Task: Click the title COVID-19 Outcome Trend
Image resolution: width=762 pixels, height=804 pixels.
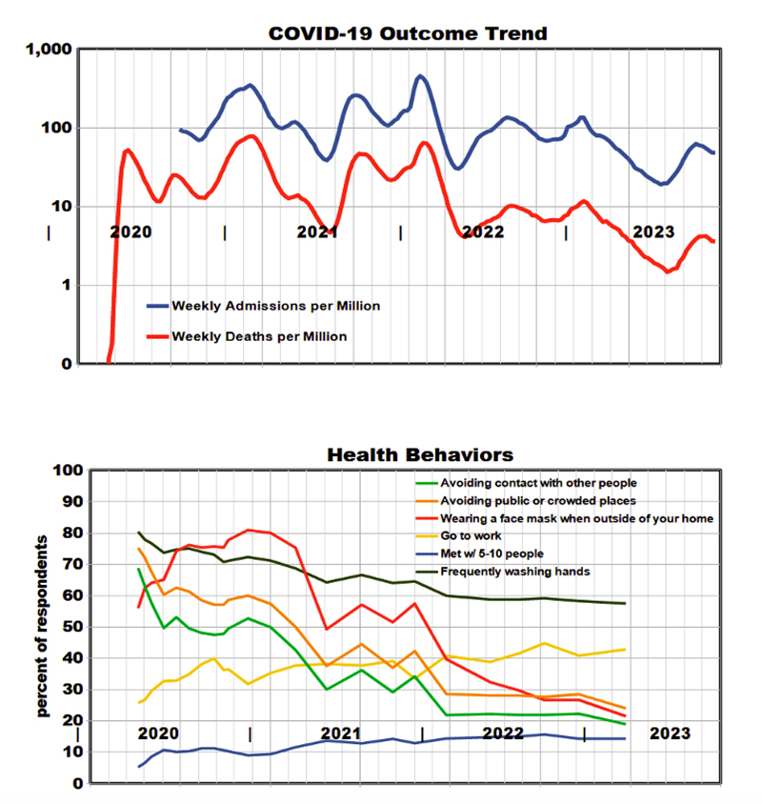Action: [x=408, y=33]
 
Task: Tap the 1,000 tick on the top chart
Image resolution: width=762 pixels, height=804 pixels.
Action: [x=49, y=50]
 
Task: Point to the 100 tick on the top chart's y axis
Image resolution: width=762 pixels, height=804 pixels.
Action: [x=56, y=128]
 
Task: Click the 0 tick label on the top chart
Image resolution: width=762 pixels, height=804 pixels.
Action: [x=66, y=364]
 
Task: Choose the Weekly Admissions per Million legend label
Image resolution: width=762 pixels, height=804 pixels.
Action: [x=275, y=306]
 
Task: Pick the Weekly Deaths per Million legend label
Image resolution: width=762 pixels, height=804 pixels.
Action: [x=258, y=336]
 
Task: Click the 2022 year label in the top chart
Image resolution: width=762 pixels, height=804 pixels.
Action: [x=482, y=231]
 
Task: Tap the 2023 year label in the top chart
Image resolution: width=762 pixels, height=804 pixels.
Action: [x=653, y=231]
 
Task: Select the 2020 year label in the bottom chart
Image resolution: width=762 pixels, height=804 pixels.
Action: [x=158, y=734]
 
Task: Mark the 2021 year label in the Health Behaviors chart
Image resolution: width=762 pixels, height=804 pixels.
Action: [x=340, y=734]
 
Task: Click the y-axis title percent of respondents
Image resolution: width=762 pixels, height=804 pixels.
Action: [x=45, y=627]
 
